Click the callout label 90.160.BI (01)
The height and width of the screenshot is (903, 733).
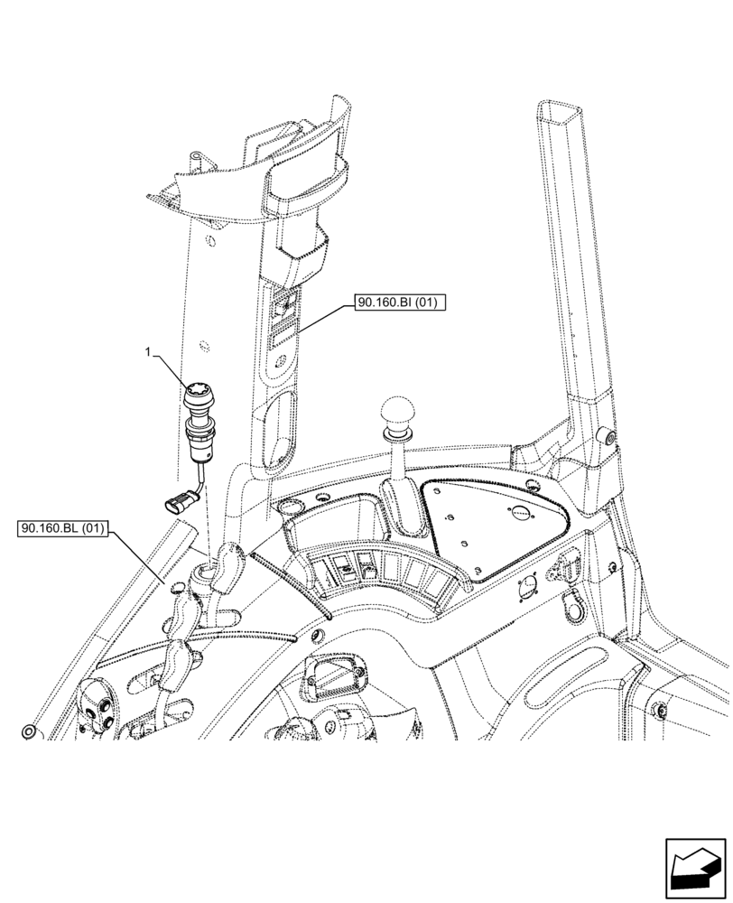pyautogui.click(x=397, y=304)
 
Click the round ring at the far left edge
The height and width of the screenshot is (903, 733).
pyautogui.click(x=30, y=730)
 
